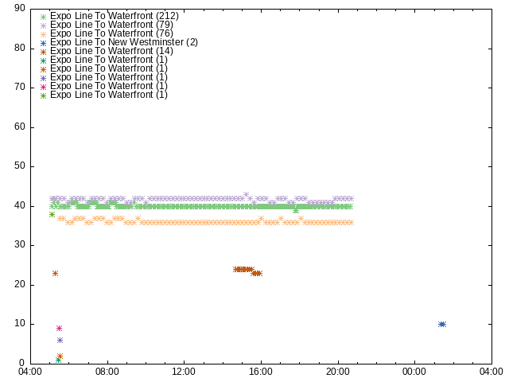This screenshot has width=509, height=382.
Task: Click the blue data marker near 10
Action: click(x=442, y=324)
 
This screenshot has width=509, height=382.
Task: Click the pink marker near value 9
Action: click(x=59, y=328)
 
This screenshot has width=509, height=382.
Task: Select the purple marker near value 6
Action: click(x=60, y=340)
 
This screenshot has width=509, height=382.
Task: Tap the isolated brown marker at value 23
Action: click(x=55, y=273)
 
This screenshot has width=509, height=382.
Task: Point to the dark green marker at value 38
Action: click(x=52, y=214)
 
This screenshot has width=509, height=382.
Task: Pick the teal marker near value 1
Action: click(x=58, y=360)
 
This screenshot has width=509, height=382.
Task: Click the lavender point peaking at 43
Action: click(x=246, y=194)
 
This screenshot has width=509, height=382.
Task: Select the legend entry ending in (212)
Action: click(x=110, y=16)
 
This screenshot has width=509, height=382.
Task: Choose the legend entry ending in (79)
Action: click(x=107, y=25)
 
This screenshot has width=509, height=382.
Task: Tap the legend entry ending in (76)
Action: click(x=107, y=33)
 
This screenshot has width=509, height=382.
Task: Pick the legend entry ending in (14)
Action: click(x=107, y=51)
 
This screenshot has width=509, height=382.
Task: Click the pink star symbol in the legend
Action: click(x=43, y=87)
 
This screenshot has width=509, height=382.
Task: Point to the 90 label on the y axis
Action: click(x=20, y=8)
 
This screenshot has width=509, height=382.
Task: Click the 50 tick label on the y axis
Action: click(x=20, y=166)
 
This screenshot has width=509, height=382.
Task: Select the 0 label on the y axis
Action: click(x=22, y=363)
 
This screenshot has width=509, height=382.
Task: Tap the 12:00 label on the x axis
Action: click(x=184, y=372)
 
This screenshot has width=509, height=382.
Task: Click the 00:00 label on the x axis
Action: click(x=414, y=372)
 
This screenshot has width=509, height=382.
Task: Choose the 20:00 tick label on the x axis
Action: click(x=338, y=372)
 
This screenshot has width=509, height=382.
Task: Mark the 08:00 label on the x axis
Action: click(x=107, y=372)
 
